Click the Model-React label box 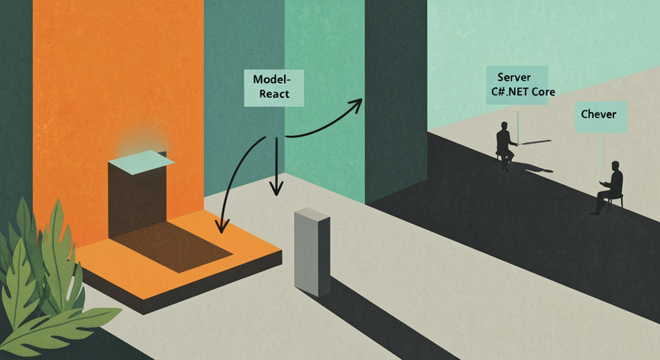tap(274, 88)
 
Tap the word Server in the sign tap(514, 77)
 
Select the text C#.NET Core tap(523, 92)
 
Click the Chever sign tap(601, 117)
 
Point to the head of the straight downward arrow tap(276, 188)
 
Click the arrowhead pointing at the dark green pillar tap(355, 105)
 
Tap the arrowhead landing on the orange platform tap(222, 225)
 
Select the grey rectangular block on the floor tap(312, 251)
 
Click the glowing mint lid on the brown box tap(141, 162)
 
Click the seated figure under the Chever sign tap(609, 187)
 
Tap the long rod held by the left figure tap(534, 142)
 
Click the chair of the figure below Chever tap(616, 202)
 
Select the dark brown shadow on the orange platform tap(173, 246)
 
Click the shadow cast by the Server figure tap(532, 168)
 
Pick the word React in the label tap(274, 94)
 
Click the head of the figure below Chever tap(616, 165)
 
